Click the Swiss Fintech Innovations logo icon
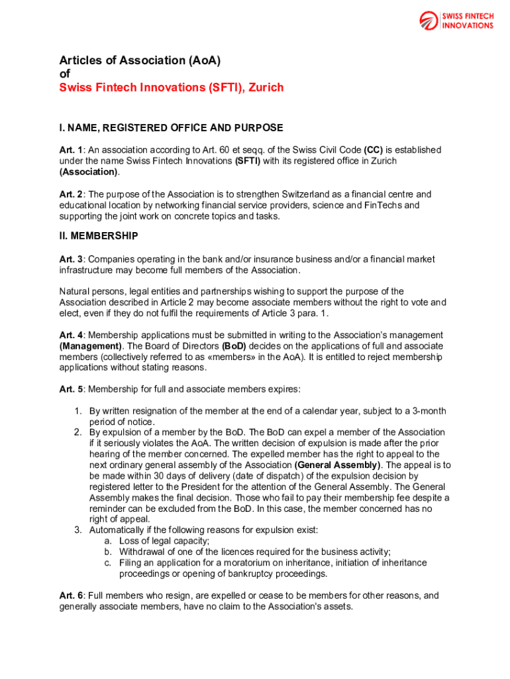[x=429, y=21]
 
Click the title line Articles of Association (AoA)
[x=140, y=60]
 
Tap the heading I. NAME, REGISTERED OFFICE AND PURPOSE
[x=171, y=127]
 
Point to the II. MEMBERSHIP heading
[x=99, y=235]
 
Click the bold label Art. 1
[x=71, y=151]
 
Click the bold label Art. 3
[x=71, y=259]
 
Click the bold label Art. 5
[x=71, y=389]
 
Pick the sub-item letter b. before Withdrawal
[x=107, y=552]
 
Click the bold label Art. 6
[x=71, y=595]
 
